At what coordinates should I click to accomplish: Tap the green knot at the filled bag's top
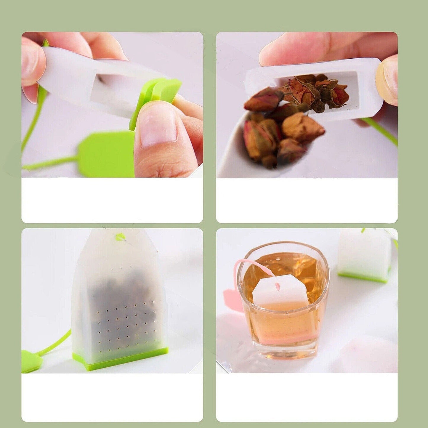(x=120, y=237)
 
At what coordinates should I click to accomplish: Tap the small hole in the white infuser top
(x=277, y=286)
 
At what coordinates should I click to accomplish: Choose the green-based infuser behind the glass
(x=364, y=258)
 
